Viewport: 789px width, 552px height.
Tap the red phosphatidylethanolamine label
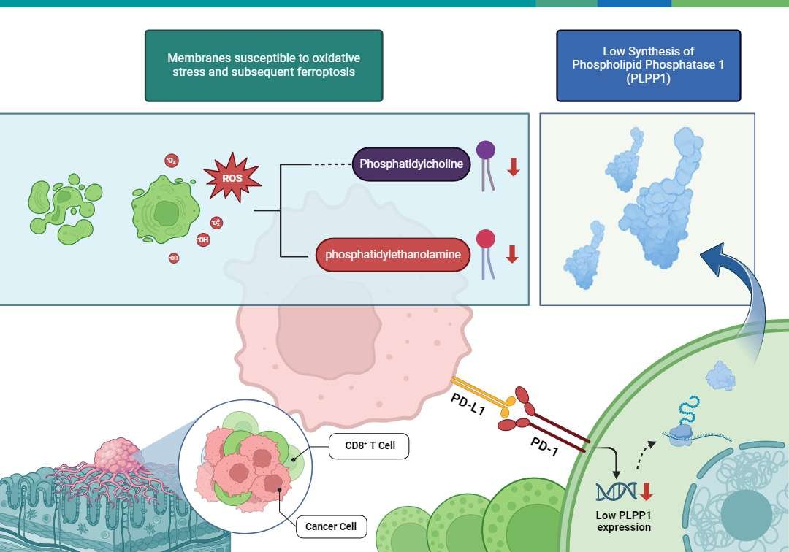[392, 255]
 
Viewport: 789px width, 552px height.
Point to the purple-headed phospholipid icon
[486, 165]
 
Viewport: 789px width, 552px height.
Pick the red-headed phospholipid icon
[486, 253]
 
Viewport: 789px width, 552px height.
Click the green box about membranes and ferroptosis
[264, 66]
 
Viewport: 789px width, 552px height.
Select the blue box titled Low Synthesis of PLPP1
[648, 66]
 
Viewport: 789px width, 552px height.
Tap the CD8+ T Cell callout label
[368, 445]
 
